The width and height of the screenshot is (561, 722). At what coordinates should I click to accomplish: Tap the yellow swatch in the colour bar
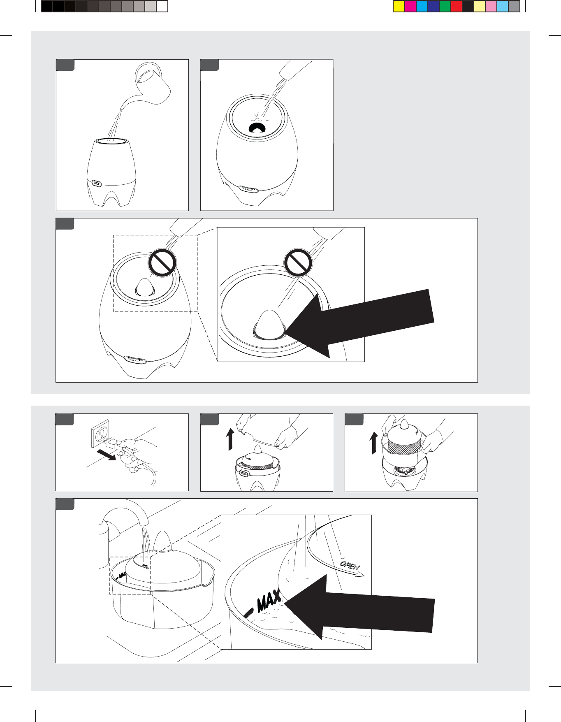399,6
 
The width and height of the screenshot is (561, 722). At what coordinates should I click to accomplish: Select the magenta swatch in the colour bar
410,6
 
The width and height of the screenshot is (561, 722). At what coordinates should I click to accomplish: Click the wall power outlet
100,434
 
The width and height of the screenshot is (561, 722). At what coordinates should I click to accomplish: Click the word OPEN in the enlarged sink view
350,565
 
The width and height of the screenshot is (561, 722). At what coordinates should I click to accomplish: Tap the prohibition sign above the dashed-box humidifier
162,262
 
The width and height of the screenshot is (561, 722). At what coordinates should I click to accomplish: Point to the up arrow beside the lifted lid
230,439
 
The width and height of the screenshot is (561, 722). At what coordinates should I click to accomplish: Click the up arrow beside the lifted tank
374,443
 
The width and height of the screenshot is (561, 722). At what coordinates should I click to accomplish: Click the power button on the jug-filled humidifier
97,183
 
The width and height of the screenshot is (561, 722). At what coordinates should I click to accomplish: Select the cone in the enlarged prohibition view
270,325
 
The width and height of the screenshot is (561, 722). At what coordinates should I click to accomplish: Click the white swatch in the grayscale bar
162,6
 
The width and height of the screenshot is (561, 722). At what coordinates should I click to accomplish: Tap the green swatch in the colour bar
445,6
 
